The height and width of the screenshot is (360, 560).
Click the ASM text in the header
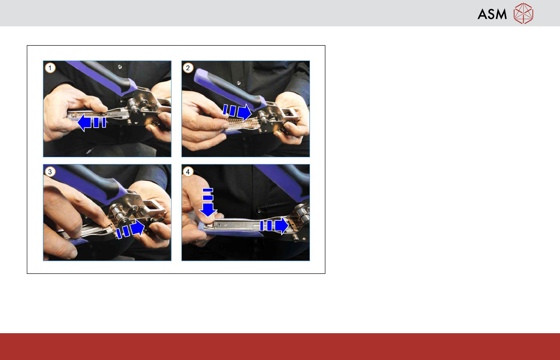[492, 14]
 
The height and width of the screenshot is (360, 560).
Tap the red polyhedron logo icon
[523, 14]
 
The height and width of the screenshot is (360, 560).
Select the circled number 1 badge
[50, 68]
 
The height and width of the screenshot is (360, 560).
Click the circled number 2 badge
[188, 68]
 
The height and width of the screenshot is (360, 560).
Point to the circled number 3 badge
[50, 172]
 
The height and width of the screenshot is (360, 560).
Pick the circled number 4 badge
[188, 172]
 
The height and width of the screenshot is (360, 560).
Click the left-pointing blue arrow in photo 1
[91, 122]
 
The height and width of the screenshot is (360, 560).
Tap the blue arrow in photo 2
[237, 111]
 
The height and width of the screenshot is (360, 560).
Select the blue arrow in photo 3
[130, 230]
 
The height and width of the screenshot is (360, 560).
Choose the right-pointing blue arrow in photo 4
[274, 225]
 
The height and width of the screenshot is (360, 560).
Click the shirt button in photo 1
[119, 67]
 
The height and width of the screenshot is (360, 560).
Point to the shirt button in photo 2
[238, 83]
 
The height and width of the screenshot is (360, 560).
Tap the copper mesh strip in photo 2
[243, 123]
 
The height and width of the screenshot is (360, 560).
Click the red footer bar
[280, 346]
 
